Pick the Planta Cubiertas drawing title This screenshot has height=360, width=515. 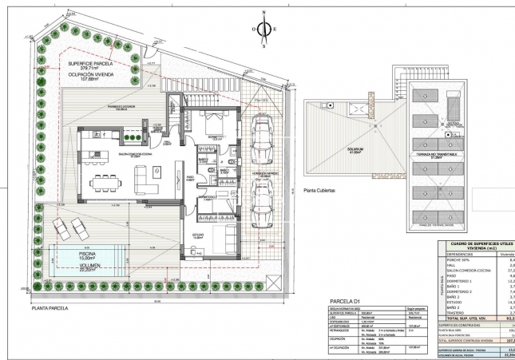320,192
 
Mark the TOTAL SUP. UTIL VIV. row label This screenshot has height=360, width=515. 465,318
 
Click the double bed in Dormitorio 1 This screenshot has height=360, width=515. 212,124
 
